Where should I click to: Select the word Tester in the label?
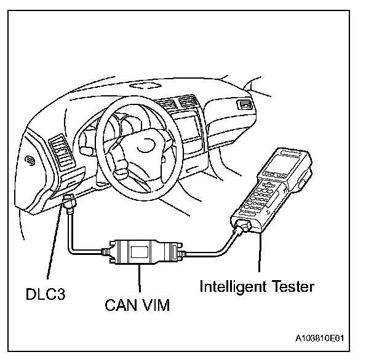294,286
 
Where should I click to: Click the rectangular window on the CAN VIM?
139,251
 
